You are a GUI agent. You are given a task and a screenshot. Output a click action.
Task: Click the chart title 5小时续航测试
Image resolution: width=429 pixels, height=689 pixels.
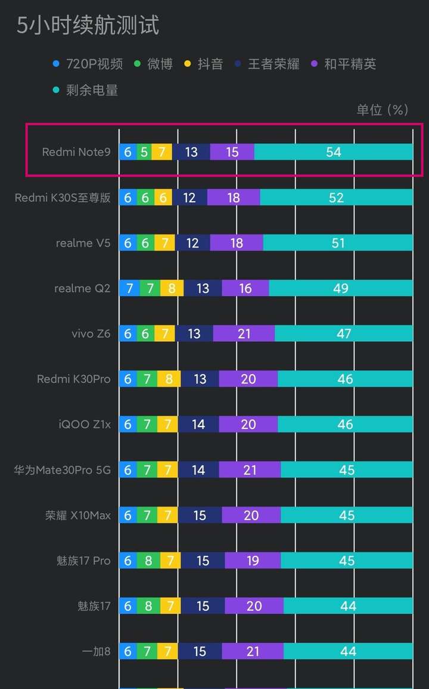88,26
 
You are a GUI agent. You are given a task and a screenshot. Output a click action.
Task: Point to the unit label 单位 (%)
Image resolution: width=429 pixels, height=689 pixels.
382,110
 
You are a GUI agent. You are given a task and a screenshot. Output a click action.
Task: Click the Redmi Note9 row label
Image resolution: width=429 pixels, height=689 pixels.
76,152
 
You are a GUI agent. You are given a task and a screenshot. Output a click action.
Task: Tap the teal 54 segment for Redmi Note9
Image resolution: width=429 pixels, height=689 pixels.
333,152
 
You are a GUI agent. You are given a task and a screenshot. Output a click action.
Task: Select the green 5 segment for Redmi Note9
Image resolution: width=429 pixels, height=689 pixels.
144,152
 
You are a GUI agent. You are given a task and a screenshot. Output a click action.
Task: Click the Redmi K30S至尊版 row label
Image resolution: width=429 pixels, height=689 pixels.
63,197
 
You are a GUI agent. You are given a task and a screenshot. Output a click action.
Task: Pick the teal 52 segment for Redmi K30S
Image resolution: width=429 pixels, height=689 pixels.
336,197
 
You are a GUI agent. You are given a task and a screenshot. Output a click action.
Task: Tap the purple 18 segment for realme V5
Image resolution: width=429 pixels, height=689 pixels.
237,243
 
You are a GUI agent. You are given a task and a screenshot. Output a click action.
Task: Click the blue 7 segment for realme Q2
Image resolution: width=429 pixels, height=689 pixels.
129,288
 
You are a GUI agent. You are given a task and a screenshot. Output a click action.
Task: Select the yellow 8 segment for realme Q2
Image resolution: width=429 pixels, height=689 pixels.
172,288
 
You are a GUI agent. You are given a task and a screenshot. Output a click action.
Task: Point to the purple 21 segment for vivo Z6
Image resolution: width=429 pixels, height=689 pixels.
244,333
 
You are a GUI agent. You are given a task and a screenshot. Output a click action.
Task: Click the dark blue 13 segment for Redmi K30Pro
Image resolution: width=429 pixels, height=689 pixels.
200,379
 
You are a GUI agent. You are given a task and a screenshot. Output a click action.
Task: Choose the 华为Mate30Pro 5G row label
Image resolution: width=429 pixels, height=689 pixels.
62,470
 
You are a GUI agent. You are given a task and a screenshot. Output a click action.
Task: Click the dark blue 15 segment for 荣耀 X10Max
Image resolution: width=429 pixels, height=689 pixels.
200,515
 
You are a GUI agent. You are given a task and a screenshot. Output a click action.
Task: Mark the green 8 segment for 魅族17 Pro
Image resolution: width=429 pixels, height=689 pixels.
148,561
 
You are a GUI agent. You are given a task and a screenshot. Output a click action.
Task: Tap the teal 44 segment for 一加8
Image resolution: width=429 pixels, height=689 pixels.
348,651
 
